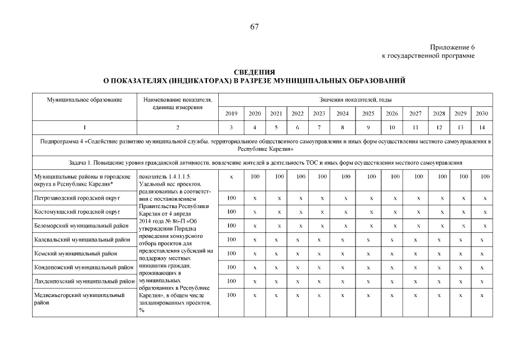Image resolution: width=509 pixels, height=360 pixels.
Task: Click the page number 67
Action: (254, 27)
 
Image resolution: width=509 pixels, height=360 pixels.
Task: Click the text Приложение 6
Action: (452, 47)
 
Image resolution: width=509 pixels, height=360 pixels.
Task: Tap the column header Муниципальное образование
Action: (84, 100)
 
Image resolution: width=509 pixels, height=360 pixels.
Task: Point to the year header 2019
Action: (231, 114)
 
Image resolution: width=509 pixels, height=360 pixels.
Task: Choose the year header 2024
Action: (342, 114)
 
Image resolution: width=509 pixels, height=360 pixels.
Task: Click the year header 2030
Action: (482, 114)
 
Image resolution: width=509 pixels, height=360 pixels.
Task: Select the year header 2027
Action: (416, 114)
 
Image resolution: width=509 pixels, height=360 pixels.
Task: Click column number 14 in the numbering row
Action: (482, 128)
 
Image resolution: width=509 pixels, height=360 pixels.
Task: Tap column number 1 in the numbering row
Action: (84, 128)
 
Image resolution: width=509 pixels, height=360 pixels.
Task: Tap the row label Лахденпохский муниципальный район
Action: (83, 281)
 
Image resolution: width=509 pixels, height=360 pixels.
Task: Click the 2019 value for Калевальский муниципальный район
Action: (231, 240)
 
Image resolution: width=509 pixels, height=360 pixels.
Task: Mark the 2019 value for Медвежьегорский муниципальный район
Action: (231, 294)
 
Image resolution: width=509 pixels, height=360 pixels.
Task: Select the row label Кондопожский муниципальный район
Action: (83, 267)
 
